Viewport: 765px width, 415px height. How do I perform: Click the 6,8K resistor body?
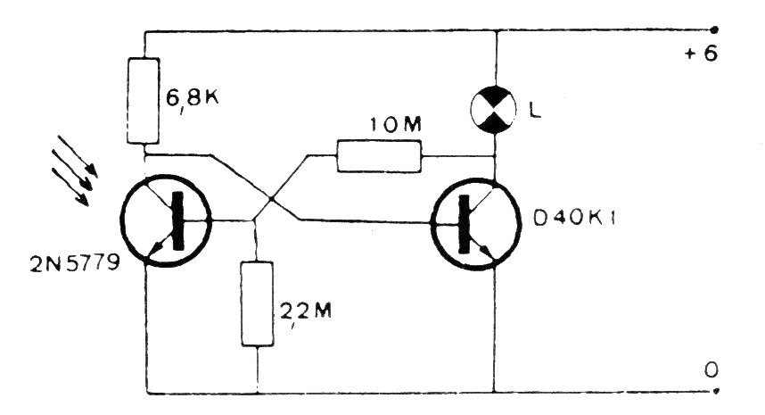(x=143, y=101)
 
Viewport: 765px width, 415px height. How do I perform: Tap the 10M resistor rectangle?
(x=379, y=156)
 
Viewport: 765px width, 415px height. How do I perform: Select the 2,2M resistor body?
(x=257, y=303)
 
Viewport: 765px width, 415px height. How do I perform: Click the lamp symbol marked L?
(x=494, y=110)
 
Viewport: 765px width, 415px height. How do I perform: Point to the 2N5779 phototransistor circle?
(x=166, y=220)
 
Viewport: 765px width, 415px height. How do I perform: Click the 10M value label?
(x=395, y=126)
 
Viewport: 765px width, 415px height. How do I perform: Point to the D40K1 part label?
(x=574, y=219)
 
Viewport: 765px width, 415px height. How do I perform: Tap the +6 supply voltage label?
(x=701, y=54)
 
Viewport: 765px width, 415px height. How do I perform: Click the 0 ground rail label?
(x=711, y=370)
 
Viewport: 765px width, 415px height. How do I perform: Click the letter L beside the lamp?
(x=535, y=112)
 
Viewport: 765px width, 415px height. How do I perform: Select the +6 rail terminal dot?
(x=715, y=29)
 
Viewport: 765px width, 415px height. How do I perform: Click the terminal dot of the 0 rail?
(x=715, y=391)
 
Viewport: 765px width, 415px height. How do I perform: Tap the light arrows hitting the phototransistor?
(x=74, y=170)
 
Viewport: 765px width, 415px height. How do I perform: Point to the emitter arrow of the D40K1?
(x=487, y=251)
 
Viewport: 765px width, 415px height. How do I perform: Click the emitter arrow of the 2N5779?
(x=156, y=250)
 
